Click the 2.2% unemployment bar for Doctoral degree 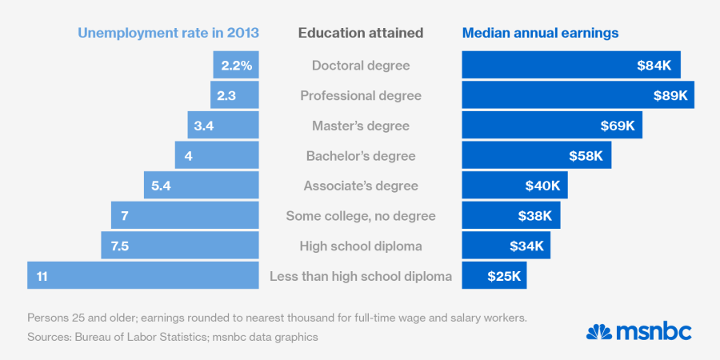(236, 66)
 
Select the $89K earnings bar (578, 95)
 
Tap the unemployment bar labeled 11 (143, 276)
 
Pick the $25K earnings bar (494, 276)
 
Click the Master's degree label (360, 126)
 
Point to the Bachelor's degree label (360, 156)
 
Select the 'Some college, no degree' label (360, 216)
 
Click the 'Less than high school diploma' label (361, 277)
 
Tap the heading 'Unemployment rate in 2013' (168, 33)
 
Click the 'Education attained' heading (361, 33)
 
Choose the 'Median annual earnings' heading (540, 33)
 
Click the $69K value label (618, 126)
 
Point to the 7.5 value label (120, 246)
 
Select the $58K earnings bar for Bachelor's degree (536, 156)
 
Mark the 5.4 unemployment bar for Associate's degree (202, 186)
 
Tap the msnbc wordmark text (654, 331)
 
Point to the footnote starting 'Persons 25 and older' (277, 318)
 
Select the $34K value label (527, 246)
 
